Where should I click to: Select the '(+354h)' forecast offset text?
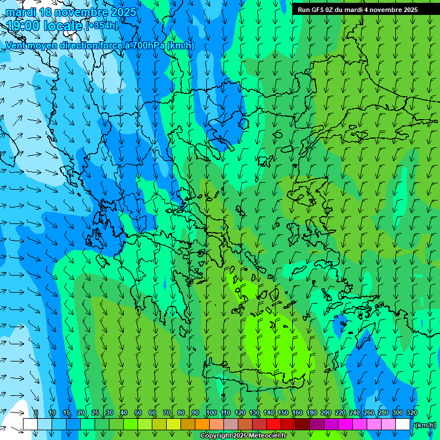(103, 26)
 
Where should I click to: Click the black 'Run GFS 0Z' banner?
(357, 10)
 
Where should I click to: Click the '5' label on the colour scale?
(36, 413)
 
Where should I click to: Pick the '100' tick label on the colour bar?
(211, 413)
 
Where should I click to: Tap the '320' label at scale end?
(411, 413)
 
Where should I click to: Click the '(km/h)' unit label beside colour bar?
(425, 425)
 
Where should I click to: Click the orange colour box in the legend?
(202, 425)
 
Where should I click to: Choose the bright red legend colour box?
(274, 425)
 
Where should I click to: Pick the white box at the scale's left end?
(30, 425)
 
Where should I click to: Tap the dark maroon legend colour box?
(302, 425)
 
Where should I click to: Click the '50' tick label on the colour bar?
(137, 413)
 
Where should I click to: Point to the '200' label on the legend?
(325, 413)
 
